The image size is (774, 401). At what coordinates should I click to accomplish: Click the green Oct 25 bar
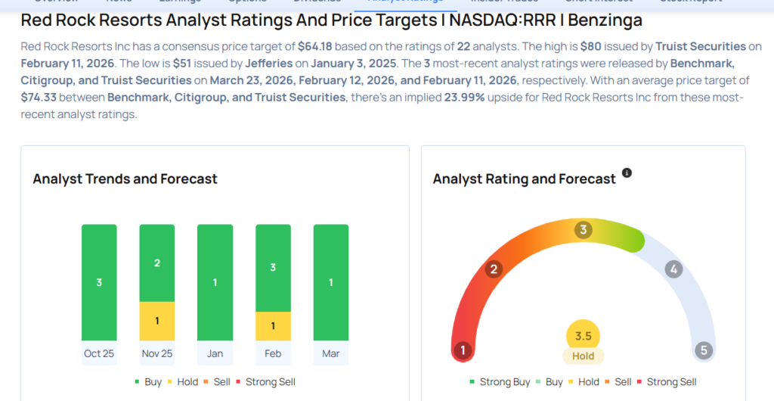point(99,282)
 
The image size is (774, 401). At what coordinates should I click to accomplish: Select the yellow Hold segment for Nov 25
point(156,321)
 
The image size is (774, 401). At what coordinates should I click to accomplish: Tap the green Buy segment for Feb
point(273,268)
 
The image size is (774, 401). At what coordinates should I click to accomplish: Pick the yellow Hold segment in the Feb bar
point(273,325)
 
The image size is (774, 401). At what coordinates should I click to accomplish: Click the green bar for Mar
point(330,282)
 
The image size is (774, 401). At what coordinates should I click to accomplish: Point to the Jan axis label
point(215,353)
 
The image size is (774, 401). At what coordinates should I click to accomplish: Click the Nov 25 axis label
point(156,353)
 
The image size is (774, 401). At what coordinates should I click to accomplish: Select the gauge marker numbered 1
point(463,350)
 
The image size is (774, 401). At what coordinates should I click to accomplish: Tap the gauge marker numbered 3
point(583,230)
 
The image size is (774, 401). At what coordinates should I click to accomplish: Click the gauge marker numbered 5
point(704,350)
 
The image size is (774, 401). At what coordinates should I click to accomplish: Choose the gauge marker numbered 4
point(673,269)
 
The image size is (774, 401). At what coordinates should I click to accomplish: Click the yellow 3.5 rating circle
point(583,336)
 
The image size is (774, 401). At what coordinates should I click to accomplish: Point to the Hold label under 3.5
point(583,356)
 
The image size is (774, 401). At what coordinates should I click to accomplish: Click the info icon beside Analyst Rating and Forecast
point(627,173)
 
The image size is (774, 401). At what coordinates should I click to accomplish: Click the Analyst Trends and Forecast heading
point(125,179)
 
